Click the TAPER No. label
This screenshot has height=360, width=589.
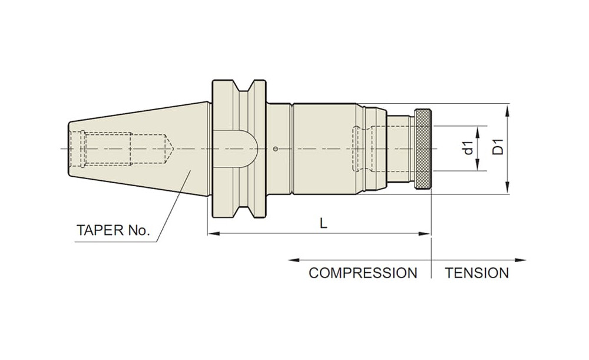[x=113, y=230]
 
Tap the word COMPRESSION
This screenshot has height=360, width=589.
[x=362, y=273]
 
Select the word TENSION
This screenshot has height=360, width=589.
[x=477, y=273]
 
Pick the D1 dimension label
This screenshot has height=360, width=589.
[x=498, y=147]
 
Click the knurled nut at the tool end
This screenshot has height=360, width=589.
[x=423, y=149]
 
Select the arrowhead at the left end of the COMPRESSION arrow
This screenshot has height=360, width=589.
[x=292, y=260]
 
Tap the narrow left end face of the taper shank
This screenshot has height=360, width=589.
[x=69, y=149]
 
